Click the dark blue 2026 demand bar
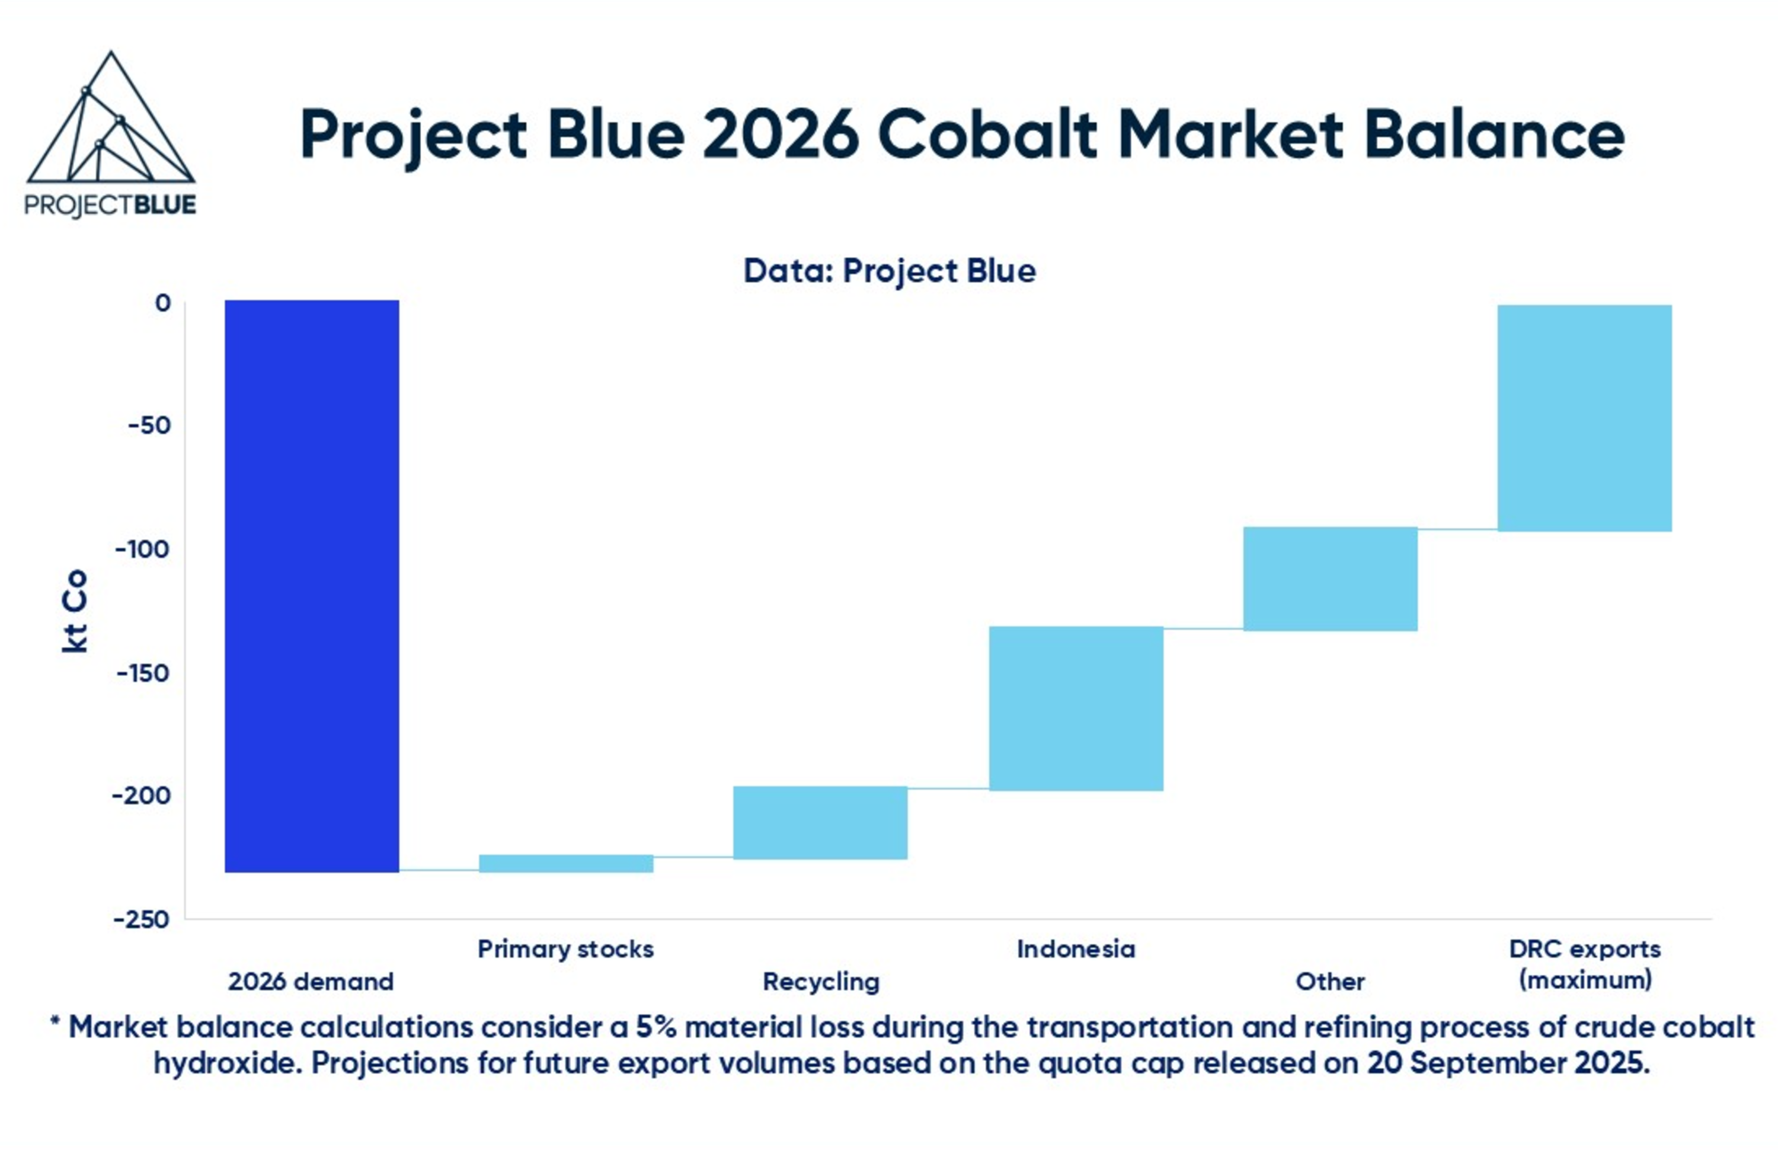coord(312,586)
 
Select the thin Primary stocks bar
coord(566,863)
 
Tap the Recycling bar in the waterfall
coord(820,823)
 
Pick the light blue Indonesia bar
coord(1076,708)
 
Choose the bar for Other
coord(1330,579)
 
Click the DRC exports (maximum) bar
coord(1585,418)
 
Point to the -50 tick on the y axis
coord(149,426)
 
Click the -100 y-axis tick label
coord(143,550)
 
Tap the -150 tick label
coord(143,673)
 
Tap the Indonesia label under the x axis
coord(1076,949)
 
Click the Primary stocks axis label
coord(566,950)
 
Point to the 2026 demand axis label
coord(311,981)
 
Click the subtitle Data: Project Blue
coord(890,270)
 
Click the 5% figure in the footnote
coord(655,1027)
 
